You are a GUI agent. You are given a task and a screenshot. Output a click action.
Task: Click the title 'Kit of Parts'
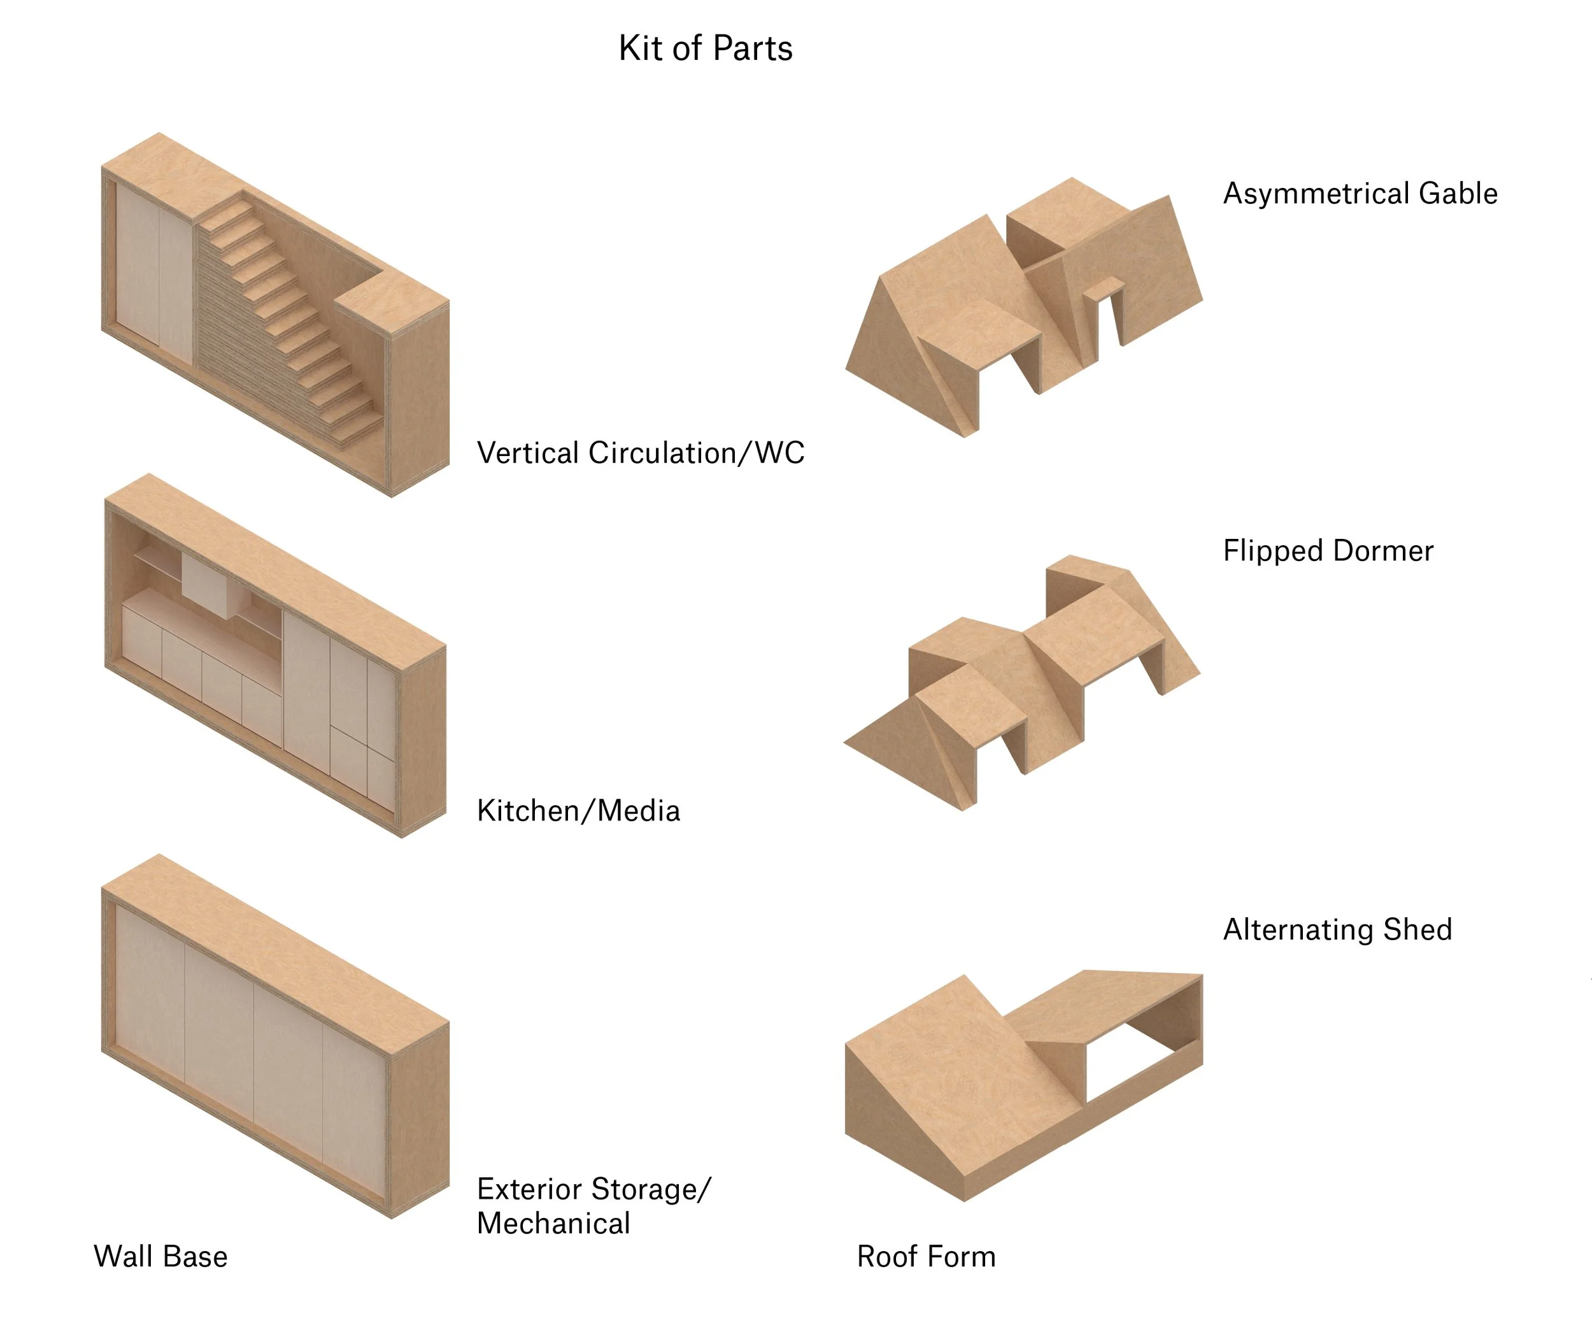[x=705, y=48]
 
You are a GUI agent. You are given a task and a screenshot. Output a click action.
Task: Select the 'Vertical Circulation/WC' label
[x=641, y=453]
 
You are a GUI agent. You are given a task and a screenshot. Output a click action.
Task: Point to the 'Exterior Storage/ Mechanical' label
[x=593, y=1206]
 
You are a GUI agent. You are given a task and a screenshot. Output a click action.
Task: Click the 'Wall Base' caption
[x=160, y=1256]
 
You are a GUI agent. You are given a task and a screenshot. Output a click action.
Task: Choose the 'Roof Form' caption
[x=926, y=1256]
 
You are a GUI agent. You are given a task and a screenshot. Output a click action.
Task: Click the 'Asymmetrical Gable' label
[x=1360, y=194]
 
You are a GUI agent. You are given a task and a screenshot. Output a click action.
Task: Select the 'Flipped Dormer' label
[x=1328, y=550]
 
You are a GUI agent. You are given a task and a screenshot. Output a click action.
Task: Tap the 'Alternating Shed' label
[x=1337, y=929]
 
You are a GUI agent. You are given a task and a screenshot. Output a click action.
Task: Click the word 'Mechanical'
[x=553, y=1224]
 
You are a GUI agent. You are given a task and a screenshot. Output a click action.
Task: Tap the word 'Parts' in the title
[x=752, y=48]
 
